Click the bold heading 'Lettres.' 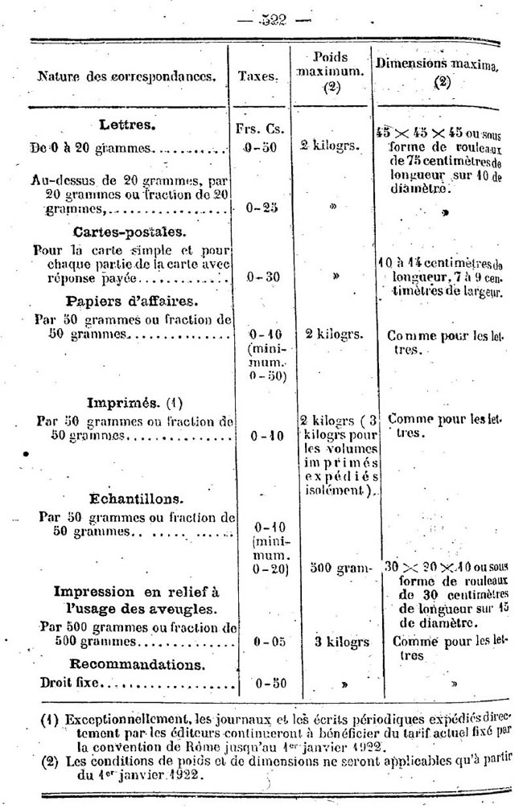[x=127, y=125]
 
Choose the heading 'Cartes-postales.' [x=129, y=232]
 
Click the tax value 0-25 [x=261, y=207]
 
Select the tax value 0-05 [x=261, y=643]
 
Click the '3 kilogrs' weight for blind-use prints [x=332, y=643]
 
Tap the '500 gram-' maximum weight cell [x=332, y=569]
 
